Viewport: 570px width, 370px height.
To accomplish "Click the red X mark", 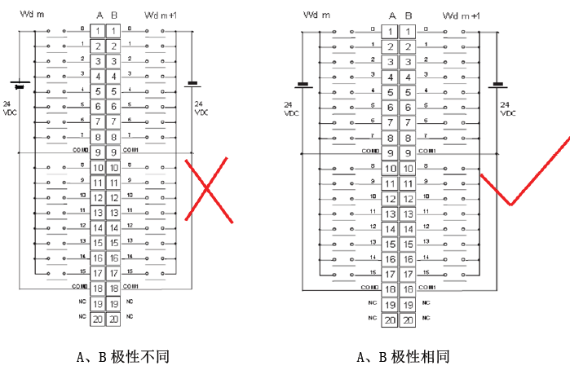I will point(209,190).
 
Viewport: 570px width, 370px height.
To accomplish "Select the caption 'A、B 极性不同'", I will point(123,357).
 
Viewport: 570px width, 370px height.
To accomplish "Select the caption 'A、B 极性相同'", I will point(403,357).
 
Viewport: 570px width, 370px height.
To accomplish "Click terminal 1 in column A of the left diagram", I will point(98,31).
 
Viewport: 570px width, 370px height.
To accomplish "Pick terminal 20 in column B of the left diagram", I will point(113,319).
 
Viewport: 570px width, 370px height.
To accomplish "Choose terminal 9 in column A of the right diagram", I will point(391,152).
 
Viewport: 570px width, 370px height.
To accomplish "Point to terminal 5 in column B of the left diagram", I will point(113,91).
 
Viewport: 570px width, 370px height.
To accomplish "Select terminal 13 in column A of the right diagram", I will point(391,214).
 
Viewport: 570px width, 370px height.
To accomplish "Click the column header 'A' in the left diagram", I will point(99,15).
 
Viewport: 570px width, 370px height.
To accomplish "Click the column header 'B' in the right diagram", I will point(409,15).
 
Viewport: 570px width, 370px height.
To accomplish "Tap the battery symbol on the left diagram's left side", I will point(20,84).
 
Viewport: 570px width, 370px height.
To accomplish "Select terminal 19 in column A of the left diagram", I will point(98,303).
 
